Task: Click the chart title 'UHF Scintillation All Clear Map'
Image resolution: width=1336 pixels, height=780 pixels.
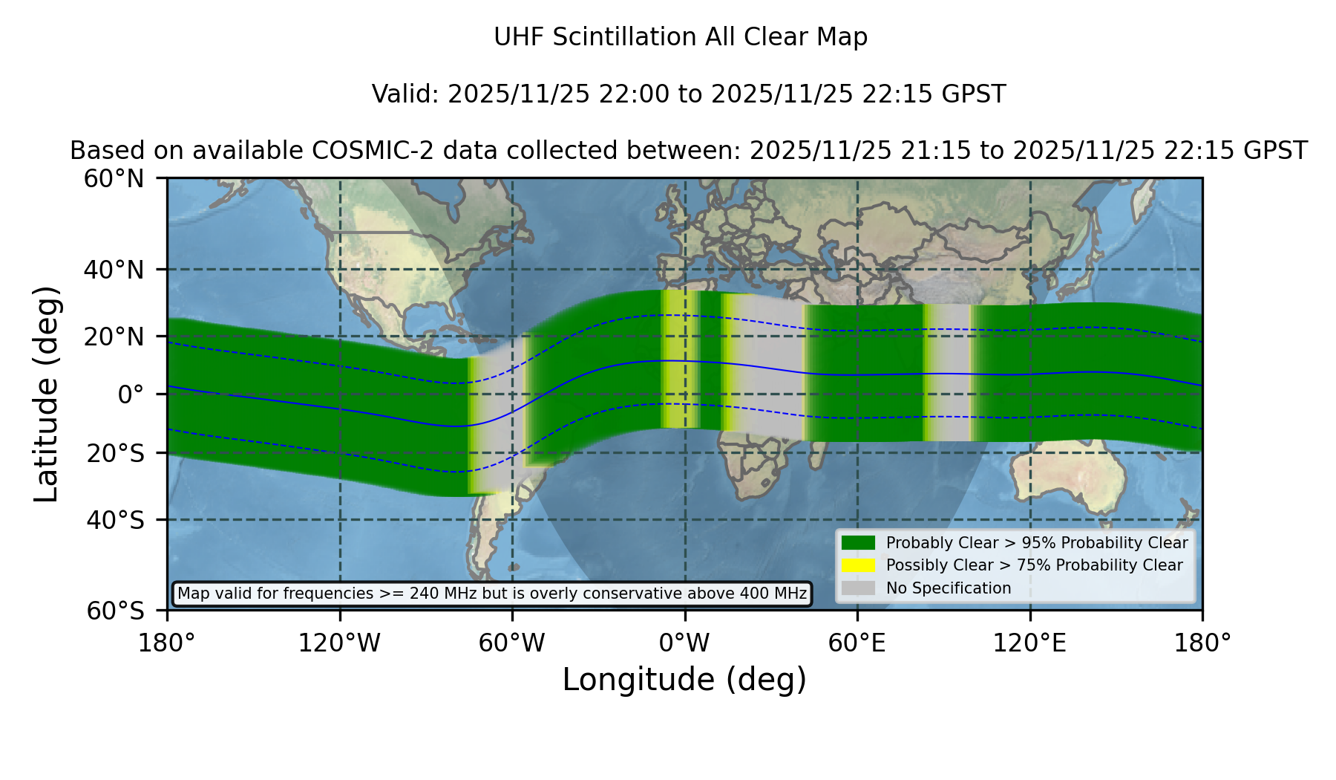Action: (x=681, y=37)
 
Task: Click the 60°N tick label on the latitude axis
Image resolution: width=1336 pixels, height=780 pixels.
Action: (x=114, y=179)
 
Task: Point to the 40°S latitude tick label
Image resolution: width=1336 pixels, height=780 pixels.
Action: (x=115, y=520)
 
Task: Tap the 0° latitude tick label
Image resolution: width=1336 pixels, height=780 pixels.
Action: (x=131, y=394)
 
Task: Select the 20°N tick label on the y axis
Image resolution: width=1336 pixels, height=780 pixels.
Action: (x=114, y=337)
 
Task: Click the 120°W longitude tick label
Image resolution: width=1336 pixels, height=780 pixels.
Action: (x=339, y=643)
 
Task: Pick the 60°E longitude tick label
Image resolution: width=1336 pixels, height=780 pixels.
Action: (x=857, y=643)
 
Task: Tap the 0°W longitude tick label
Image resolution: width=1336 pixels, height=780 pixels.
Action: (x=684, y=643)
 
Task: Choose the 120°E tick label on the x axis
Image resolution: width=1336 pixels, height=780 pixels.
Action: (x=1029, y=643)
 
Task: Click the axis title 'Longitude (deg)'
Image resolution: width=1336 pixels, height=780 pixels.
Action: (x=684, y=680)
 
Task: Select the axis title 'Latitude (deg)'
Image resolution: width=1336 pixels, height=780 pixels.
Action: (x=47, y=394)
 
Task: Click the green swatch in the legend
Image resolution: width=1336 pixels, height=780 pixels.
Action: (x=859, y=543)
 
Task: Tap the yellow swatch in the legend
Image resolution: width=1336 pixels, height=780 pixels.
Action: (x=859, y=565)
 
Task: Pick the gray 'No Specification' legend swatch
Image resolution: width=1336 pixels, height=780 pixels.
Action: (x=859, y=588)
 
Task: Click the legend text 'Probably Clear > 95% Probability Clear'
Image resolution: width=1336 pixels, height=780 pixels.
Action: (x=1037, y=543)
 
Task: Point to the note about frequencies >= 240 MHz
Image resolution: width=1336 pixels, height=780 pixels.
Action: (x=492, y=594)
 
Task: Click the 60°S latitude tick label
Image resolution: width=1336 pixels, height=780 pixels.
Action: (x=115, y=611)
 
